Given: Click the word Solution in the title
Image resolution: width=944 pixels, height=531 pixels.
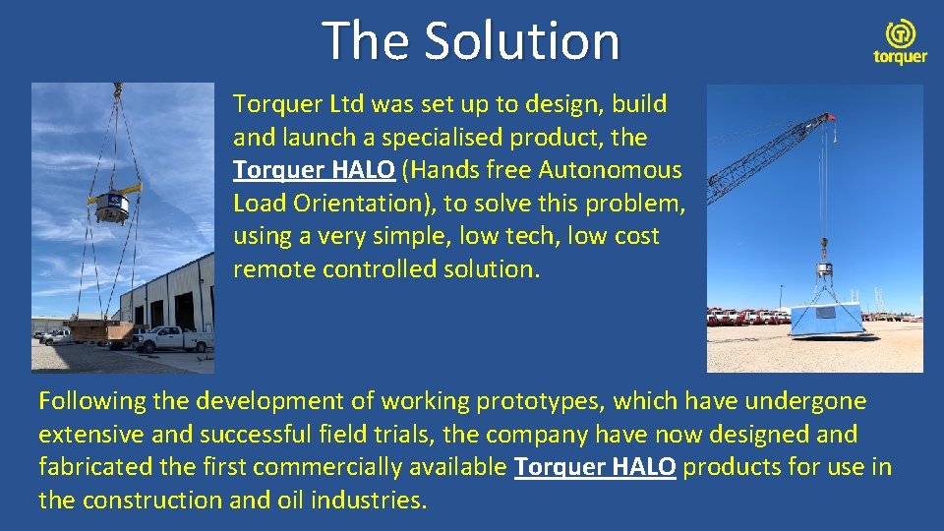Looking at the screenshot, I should [522, 41].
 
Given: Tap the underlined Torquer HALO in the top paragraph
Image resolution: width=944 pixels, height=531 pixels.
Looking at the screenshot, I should [314, 170].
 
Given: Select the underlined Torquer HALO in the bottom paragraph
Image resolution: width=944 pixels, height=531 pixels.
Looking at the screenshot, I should [595, 466].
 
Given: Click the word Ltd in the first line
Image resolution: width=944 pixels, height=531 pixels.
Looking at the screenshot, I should [340, 104].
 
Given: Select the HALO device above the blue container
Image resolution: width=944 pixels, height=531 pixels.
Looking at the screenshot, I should [826, 269].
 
